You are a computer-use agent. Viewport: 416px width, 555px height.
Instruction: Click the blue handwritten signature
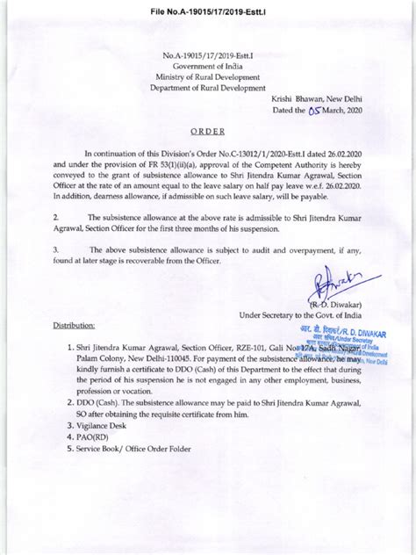[339, 285]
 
